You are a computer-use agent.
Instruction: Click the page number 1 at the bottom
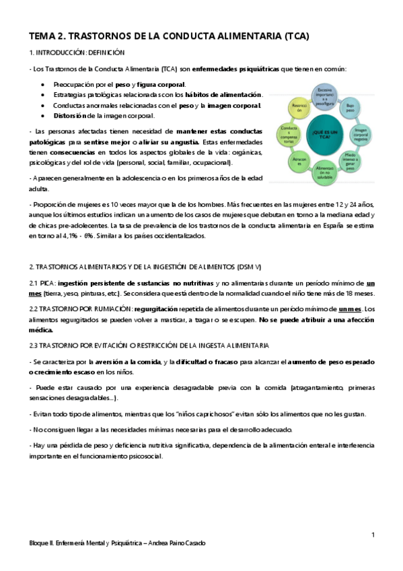(x=372, y=534)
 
